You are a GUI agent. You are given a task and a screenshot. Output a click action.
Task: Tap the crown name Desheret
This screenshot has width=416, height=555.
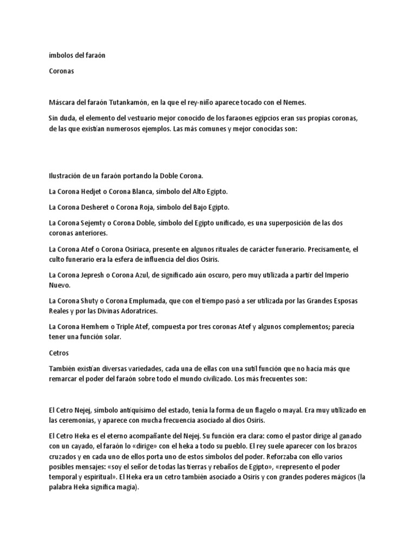tap(101, 208)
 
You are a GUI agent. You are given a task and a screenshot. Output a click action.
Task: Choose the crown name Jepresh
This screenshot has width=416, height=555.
tap(99, 275)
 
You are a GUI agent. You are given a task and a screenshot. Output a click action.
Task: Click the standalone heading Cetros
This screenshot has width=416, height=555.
tap(58, 353)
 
